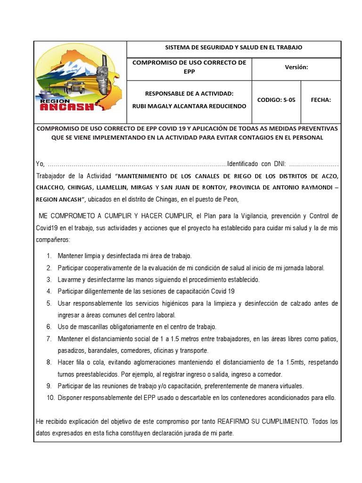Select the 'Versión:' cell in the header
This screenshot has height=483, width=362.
296,67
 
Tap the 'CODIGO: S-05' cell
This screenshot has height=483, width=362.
276,100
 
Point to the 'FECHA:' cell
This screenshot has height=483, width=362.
321,100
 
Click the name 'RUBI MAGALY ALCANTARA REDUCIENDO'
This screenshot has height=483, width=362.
189,106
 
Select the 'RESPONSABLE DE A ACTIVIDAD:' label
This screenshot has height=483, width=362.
189,93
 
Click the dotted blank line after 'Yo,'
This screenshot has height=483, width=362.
137,164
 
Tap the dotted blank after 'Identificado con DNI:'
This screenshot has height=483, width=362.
313,164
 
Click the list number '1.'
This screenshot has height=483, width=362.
49,256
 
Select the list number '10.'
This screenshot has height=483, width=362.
50,398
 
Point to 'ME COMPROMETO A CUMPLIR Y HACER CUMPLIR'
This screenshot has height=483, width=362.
115,216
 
